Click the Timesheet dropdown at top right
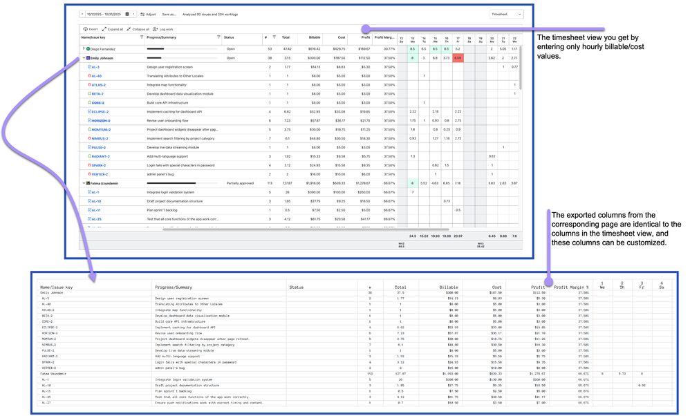(x=506, y=14)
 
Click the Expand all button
(x=113, y=30)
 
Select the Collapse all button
(x=138, y=30)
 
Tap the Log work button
(x=164, y=30)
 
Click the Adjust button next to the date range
(x=148, y=14)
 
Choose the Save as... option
(x=169, y=14)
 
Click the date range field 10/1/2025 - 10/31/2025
(x=104, y=14)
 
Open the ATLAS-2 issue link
(x=98, y=85)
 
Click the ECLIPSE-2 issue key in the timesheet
(x=100, y=112)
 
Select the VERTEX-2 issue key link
(x=100, y=175)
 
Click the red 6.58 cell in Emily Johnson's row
(x=458, y=58)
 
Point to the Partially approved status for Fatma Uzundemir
(x=239, y=184)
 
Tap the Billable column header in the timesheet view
(x=315, y=37)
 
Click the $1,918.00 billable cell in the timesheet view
(x=315, y=184)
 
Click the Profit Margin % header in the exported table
(x=571, y=287)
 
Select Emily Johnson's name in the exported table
(x=51, y=293)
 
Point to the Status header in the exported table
(x=297, y=287)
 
